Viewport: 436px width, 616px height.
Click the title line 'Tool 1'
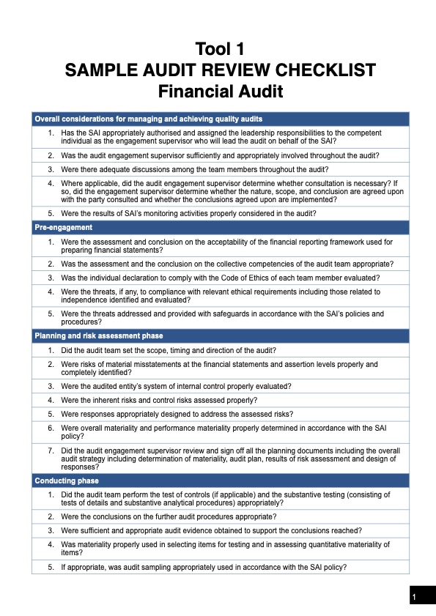click(x=219, y=50)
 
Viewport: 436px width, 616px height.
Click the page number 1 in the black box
click(x=414, y=598)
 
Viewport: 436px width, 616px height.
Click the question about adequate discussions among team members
click(x=182, y=168)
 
